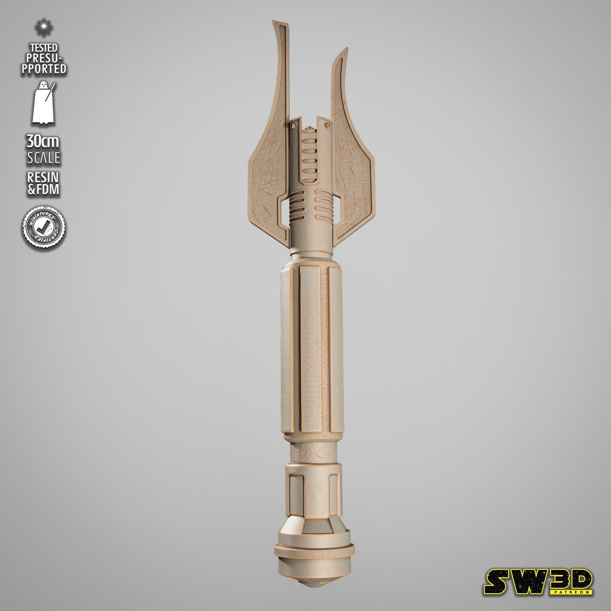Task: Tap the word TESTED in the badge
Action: [44, 48]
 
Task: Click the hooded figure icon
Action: [43, 102]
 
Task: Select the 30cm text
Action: [43, 142]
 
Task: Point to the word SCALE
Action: [43, 158]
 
